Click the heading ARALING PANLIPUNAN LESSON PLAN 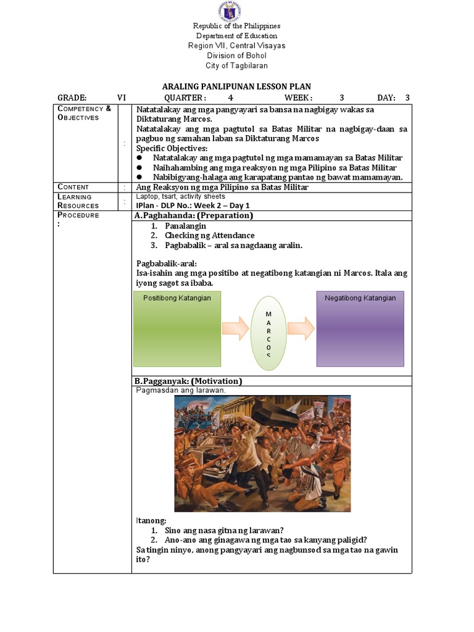[x=236, y=87]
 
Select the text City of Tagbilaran [x=236, y=65]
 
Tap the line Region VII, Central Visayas [x=236, y=46]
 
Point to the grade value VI [x=122, y=98]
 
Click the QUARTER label [x=185, y=98]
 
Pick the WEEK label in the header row [x=298, y=98]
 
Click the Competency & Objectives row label [x=84, y=113]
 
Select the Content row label [x=73, y=187]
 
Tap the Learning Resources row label [x=78, y=201]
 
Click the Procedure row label [x=78, y=215]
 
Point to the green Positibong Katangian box [x=177, y=328]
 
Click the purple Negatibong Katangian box [x=360, y=328]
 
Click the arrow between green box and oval [x=235, y=328]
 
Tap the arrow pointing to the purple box [x=301, y=328]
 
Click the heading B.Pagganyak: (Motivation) [x=188, y=381]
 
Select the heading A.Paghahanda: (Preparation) [x=193, y=215]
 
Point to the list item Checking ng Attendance [x=209, y=235]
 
